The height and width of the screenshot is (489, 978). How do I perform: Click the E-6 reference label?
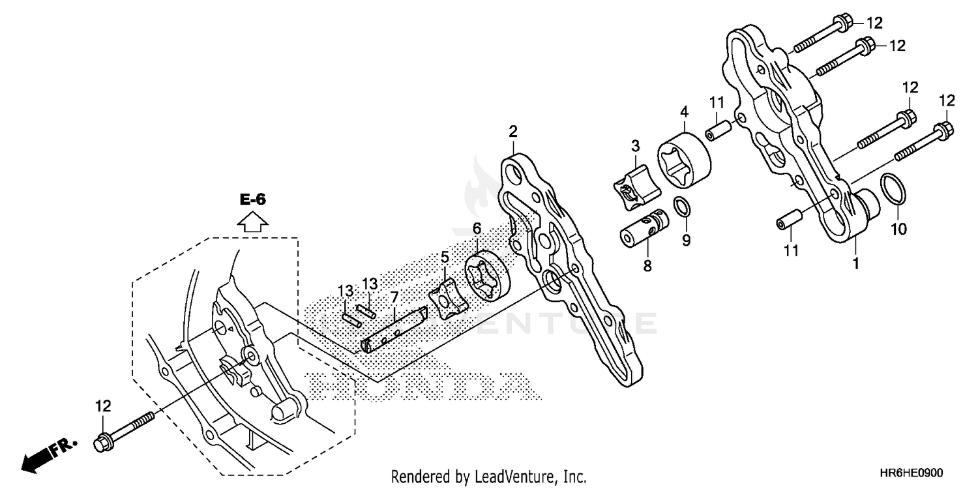coord(253,200)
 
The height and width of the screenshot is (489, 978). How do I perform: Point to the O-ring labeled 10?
coord(893,189)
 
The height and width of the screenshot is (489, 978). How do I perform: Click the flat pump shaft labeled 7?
coord(394,331)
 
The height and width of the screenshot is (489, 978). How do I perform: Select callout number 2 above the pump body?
coord(513,132)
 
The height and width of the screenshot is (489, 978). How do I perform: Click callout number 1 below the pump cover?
coord(855,263)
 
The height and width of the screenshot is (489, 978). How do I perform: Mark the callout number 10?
coord(898,229)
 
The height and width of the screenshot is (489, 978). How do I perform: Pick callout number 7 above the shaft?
coord(394,298)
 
